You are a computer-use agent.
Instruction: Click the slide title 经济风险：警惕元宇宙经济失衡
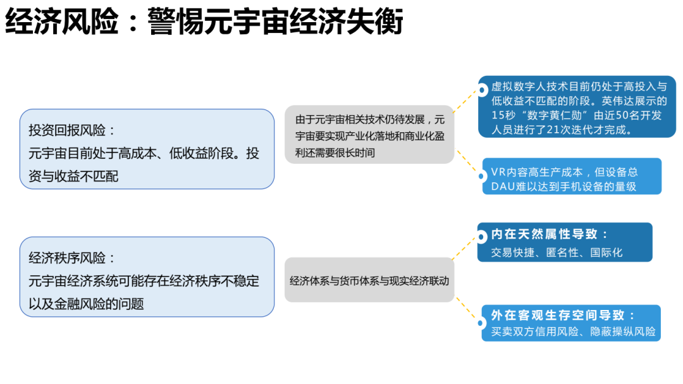[x=204, y=23]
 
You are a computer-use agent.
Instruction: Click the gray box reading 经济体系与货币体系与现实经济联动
[x=369, y=280]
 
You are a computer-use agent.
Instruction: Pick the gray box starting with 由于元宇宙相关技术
[x=369, y=135]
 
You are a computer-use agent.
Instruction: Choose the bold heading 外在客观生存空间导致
[x=563, y=315]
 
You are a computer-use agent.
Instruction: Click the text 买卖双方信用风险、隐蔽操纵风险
[x=573, y=331]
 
